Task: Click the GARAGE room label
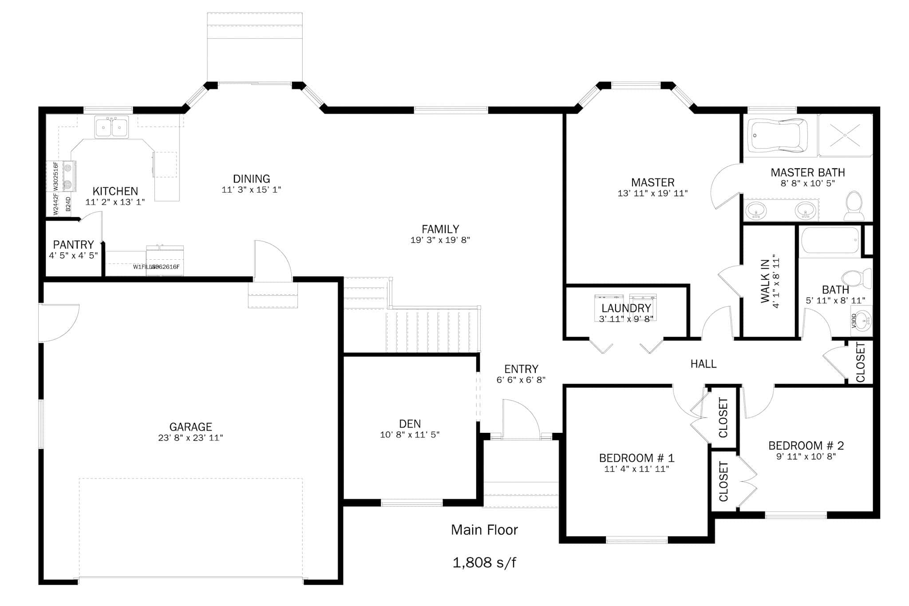tap(190, 427)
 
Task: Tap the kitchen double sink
tap(111, 127)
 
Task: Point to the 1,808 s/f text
tap(484, 562)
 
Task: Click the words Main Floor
tap(484, 530)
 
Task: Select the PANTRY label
tap(73, 245)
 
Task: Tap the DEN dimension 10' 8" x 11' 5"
tap(410, 435)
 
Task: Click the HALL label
tap(703, 364)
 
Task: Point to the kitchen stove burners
tap(68, 176)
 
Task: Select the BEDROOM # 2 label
tap(806, 445)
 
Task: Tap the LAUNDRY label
tap(626, 308)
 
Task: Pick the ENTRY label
tap(521, 369)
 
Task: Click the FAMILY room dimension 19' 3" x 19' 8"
tap(440, 240)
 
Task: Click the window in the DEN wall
tap(411, 503)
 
